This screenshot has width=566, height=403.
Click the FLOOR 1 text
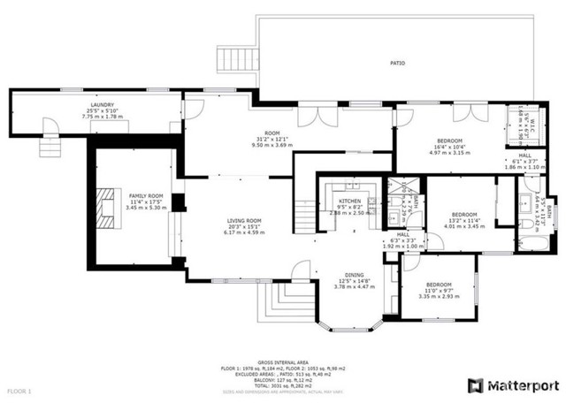click(x=19, y=390)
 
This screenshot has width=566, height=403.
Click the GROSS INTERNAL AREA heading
click(x=282, y=363)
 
